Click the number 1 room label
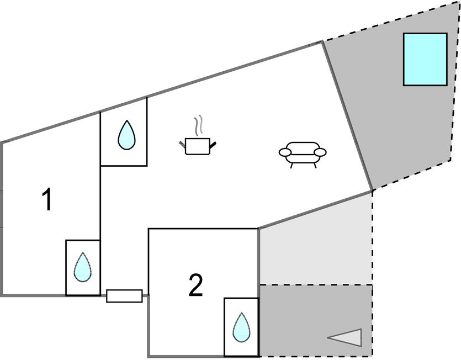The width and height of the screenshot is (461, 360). (x=47, y=200)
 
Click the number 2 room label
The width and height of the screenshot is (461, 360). (x=195, y=286)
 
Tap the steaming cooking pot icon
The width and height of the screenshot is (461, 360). (x=197, y=142)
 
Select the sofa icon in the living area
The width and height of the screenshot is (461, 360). (x=303, y=153)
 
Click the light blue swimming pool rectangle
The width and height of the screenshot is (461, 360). (x=425, y=59)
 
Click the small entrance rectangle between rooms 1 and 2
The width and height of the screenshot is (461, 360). (x=124, y=296)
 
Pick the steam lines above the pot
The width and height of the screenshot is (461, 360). (x=199, y=126)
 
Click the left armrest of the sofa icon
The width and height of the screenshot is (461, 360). (x=285, y=152)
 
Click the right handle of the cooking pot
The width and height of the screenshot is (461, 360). (x=213, y=145)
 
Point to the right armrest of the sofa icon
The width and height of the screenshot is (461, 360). (x=320, y=152)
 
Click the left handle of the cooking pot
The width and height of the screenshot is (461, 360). (x=182, y=145)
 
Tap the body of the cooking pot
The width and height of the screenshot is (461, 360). (x=197, y=146)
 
